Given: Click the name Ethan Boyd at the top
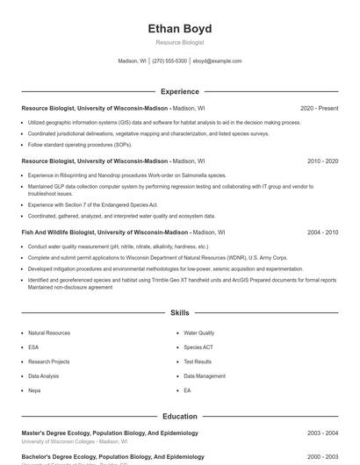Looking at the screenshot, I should pyautogui.click(x=180, y=29).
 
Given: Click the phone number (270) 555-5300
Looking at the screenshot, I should pyautogui.click(x=169, y=61).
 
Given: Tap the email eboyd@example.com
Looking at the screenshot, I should pyautogui.click(x=217, y=61).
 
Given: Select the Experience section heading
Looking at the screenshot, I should pyautogui.click(x=180, y=91).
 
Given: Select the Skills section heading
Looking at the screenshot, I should pyautogui.click(x=180, y=312).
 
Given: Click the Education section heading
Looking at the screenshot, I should pyautogui.click(x=180, y=416).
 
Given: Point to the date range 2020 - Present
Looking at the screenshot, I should pyautogui.click(x=319, y=108).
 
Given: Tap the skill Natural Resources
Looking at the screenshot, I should pyautogui.click(x=49, y=333).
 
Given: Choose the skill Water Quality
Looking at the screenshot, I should pyautogui.click(x=198, y=333).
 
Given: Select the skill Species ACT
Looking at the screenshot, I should pyautogui.click(x=198, y=347).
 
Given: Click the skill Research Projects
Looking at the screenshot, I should pyautogui.click(x=49, y=361).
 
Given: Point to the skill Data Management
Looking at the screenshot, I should pyautogui.click(x=205, y=376).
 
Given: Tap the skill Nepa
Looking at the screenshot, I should pyautogui.click(x=34, y=390).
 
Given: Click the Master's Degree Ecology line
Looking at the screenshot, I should pyautogui.click(x=110, y=433).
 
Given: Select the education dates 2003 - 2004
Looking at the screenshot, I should pyautogui.click(x=322, y=433).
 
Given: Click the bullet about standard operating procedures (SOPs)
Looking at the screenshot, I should pyautogui.click(x=80, y=144).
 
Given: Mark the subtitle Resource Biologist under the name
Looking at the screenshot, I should pyautogui.click(x=180, y=42).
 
